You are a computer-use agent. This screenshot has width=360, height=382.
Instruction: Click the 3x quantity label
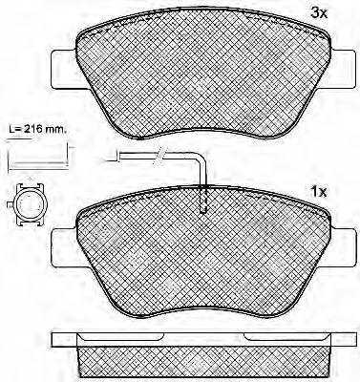tap(319, 12)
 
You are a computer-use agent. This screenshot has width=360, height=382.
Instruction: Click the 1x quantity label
tap(319, 192)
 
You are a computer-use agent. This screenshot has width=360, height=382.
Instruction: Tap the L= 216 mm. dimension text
tap(35, 130)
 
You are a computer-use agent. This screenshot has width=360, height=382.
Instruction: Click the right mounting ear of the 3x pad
tap(342, 70)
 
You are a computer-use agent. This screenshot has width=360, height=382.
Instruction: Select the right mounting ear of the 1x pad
tap(342, 248)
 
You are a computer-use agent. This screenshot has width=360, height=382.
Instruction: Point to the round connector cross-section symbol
tap(29, 204)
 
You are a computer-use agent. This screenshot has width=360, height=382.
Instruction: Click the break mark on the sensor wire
tap(159, 156)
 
